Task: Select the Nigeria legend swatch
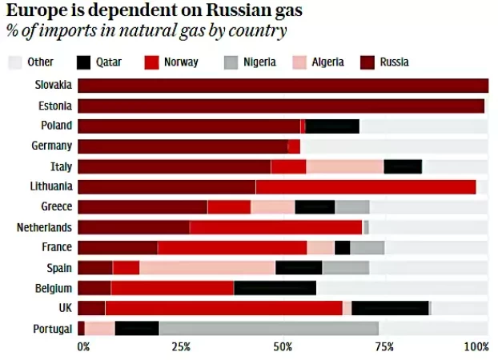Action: tap(231, 62)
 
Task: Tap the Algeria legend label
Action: tap(328, 62)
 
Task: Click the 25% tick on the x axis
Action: tap(180, 346)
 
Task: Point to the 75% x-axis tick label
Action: tap(385, 346)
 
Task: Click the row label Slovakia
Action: tap(54, 85)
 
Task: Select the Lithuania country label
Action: tap(51, 186)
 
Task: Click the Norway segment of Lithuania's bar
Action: tap(365, 186)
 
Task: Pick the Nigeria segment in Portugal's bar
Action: tap(268, 328)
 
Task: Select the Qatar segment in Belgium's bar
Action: tap(275, 288)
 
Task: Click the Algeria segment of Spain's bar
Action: tap(207, 267)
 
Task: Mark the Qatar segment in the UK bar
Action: tap(390, 308)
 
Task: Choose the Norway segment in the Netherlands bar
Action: tap(275, 227)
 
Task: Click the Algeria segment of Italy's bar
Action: tap(344, 166)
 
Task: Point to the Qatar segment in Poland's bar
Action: tap(332, 126)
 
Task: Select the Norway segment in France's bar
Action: tap(232, 247)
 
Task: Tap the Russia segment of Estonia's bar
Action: tap(280, 106)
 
